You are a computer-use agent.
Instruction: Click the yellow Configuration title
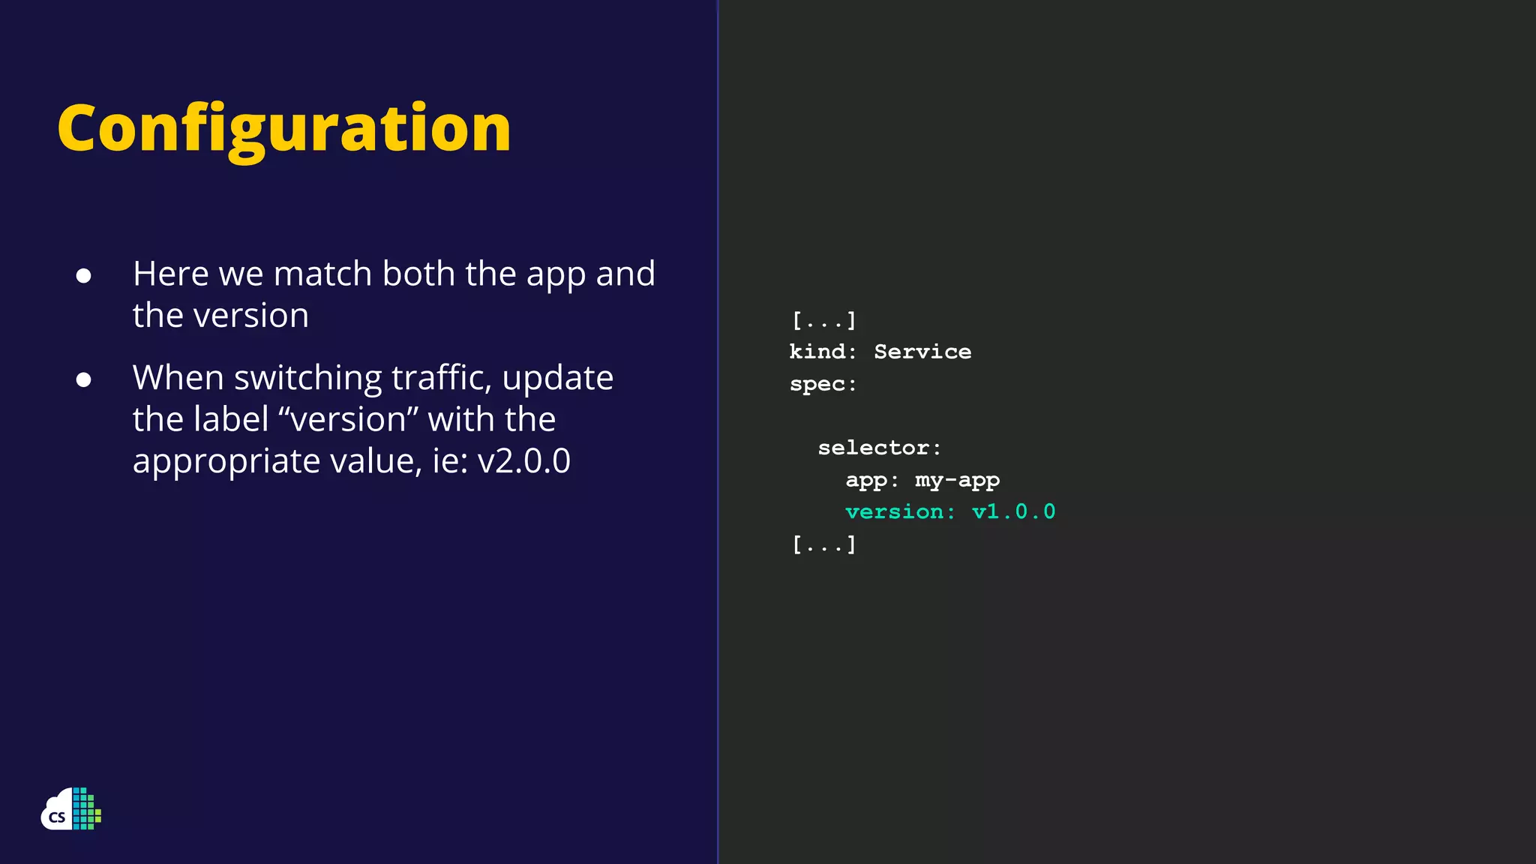[x=283, y=129]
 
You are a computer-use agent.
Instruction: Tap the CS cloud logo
[x=70, y=809]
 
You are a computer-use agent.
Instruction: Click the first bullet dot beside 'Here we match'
[x=83, y=276]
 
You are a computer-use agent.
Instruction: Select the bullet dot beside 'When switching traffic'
[x=83, y=379]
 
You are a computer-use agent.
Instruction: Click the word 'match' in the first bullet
[x=322, y=274]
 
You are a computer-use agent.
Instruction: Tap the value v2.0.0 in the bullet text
[x=523, y=460]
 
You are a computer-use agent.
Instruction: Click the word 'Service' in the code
[x=922, y=352]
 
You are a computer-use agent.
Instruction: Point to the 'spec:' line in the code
[x=823, y=384]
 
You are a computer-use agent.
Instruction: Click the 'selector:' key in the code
[x=879, y=448]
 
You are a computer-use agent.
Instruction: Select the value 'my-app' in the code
[x=957, y=480]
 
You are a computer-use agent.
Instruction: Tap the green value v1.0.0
[x=1013, y=512]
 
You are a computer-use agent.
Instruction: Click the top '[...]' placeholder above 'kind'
[x=823, y=321]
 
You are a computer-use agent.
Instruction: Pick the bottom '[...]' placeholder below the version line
[x=823, y=544]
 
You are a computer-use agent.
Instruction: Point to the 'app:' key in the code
[x=871, y=480]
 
